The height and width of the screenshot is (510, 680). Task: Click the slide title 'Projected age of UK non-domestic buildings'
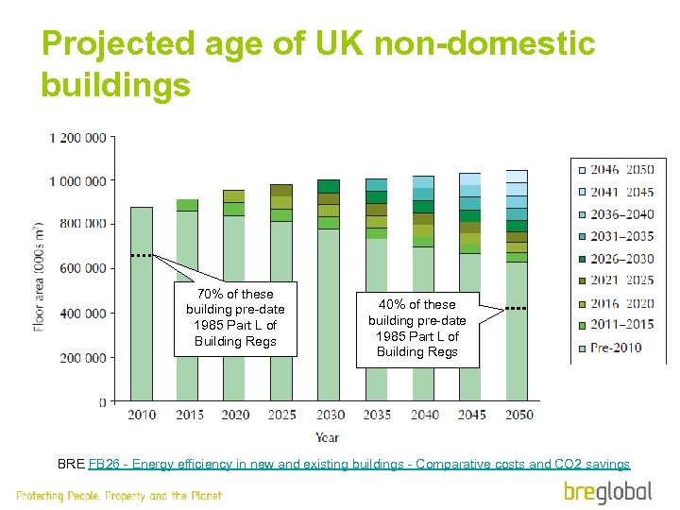[x=318, y=64]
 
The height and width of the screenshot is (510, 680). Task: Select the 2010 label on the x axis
[x=142, y=415]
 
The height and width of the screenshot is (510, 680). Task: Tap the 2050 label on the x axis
[x=518, y=415]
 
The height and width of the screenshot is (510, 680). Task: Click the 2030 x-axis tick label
[x=329, y=415]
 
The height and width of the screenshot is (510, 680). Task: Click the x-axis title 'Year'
[x=328, y=437]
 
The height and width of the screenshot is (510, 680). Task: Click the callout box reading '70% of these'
[x=235, y=318]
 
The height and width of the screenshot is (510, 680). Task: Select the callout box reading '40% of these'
[x=416, y=329]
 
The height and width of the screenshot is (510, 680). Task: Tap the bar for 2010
[x=141, y=312]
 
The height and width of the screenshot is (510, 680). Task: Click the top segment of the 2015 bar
[x=187, y=205]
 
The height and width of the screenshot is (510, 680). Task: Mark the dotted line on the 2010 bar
[x=141, y=256]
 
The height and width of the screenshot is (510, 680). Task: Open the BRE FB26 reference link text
[x=358, y=464]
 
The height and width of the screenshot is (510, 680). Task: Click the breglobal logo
[x=607, y=491]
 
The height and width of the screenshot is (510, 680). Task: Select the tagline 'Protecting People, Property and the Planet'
[x=119, y=496]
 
